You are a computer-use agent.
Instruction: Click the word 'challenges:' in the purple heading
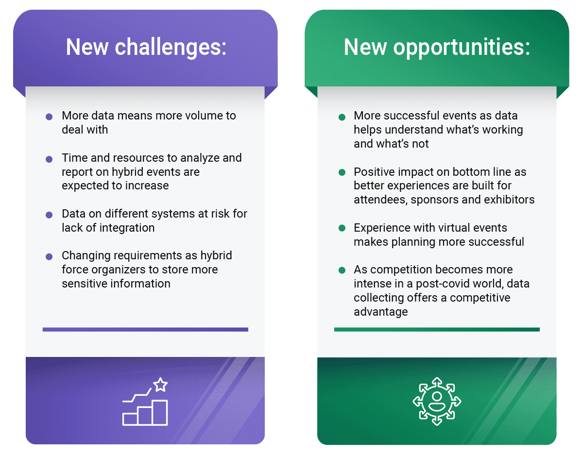click(x=171, y=48)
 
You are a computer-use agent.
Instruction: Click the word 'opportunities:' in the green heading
click(x=462, y=48)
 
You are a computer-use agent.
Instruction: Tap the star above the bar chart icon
click(x=160, y=385)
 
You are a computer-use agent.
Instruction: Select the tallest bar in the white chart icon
click(x=160, y=413)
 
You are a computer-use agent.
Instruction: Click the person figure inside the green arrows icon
click(x=437, y=401)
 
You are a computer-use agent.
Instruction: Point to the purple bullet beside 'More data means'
click(x=49, y=117)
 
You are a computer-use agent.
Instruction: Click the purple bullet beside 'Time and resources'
click(x=49, y=159)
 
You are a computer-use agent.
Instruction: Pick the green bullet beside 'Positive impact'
click(x=342, y=172)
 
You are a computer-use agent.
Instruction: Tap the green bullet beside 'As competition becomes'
click(x=342, y=270)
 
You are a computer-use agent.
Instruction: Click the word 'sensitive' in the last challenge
click(x=85, y=284)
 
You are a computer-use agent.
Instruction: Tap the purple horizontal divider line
click(x=145, y=329)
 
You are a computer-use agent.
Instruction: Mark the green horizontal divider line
click(x=437, y=329)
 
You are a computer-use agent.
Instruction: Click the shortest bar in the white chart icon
click(x=130, y=419)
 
